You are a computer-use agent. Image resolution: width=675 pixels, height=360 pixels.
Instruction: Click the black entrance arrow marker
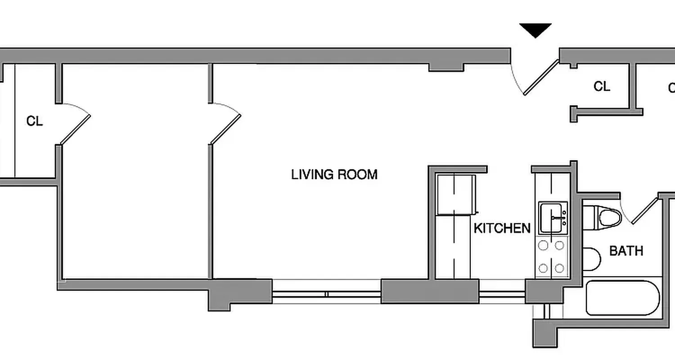click(x=535, y=30)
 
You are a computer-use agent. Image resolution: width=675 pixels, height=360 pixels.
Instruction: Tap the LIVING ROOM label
click(x=334, y=175)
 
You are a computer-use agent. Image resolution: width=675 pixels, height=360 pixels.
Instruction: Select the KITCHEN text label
click(x=502, y=228)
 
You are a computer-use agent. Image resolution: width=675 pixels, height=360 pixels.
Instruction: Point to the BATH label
click(x=626, y=251)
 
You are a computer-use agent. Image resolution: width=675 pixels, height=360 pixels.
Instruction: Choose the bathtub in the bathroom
click(x=623, y=298)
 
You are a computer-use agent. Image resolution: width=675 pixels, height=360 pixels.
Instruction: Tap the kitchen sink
click(x=553, y=218)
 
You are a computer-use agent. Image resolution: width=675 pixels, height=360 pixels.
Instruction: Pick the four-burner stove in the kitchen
click(x=552, y=257)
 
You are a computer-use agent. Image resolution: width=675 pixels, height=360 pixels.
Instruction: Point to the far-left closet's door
click(x=75, y=130)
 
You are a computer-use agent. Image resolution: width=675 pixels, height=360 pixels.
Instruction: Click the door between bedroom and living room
click(x=225, y=130)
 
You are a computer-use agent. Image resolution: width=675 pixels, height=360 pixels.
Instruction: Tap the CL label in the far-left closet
click(x=35, y=121)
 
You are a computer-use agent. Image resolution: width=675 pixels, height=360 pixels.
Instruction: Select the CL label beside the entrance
click(x=602, y=86)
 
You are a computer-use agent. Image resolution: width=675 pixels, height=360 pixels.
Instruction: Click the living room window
click(x=327, y=294)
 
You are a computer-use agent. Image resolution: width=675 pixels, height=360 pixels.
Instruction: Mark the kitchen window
click(x=502, y=294)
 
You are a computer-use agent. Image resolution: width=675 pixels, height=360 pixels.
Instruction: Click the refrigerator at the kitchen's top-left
click(x=456, y=195)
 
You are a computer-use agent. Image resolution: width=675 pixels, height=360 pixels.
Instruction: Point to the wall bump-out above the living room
click(x=445, y=67)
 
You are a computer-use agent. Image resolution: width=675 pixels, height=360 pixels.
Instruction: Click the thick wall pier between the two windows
click(x=429, y=291)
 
